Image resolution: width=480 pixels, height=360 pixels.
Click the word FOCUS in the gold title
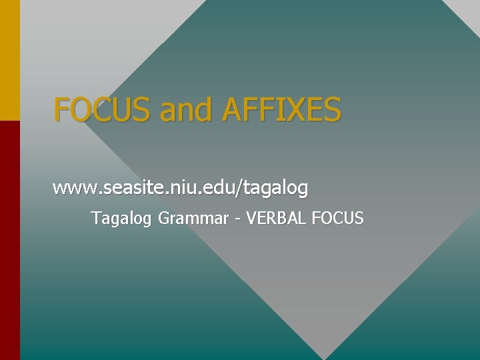coord(103,109)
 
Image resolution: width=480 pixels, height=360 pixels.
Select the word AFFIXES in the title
coord(283,109)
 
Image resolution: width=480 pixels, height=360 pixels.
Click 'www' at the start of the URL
coord(74,189)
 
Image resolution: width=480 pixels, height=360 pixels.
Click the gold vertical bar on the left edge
coord(10,60)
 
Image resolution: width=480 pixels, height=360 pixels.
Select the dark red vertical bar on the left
coord(10,240)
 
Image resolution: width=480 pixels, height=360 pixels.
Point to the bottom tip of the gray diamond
coord(326,357)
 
